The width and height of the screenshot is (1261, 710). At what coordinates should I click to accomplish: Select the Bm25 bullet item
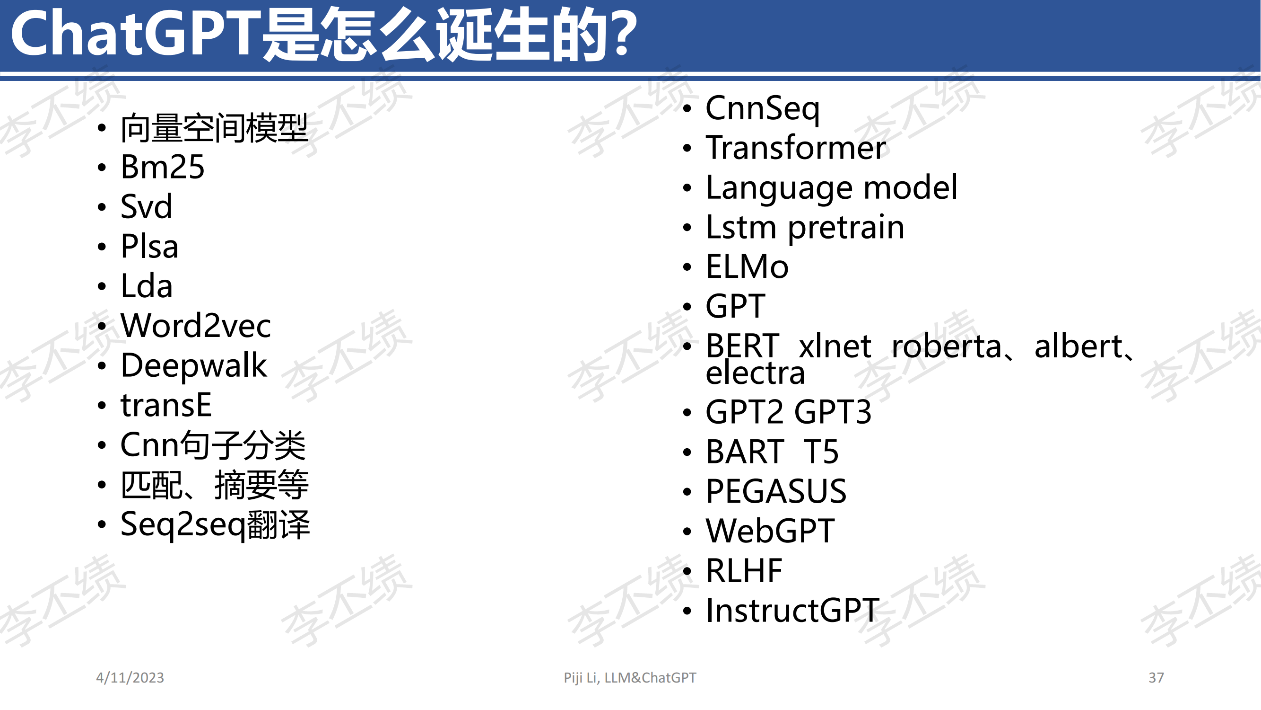click(163, 167)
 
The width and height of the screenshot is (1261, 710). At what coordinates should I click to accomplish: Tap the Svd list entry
click(147, 206)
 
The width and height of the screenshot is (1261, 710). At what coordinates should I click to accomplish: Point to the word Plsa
click(149, 246)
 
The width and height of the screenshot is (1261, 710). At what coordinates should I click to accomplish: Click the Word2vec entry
click(196, 325)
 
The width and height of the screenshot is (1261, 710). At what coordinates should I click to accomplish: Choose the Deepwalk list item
click(194, 365)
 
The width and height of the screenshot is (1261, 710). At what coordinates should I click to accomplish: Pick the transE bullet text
click(166, 405)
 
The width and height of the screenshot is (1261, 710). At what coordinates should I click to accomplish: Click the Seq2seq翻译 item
click(216, 525)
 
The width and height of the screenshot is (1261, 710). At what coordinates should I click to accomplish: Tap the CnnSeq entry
click(763, 109)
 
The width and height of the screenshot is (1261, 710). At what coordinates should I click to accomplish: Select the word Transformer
click(796, 148)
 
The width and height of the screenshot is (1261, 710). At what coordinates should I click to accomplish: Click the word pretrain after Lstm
click(846, 228)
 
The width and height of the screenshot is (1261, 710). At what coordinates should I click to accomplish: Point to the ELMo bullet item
click(747, 266)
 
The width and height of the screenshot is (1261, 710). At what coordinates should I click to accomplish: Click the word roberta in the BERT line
click(946, 346)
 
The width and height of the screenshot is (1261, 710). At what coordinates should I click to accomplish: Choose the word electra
click(756, 373)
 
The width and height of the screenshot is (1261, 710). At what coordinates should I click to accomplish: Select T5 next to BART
click(821, 451)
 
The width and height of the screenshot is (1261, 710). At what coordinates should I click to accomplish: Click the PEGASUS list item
click(776, 491)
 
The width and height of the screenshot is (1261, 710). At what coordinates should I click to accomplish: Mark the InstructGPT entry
click(792, 611)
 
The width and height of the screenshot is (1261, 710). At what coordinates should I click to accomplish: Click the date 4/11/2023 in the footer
click(130, 678)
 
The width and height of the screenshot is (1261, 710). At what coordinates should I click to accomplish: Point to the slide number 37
click(1156, 678)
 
